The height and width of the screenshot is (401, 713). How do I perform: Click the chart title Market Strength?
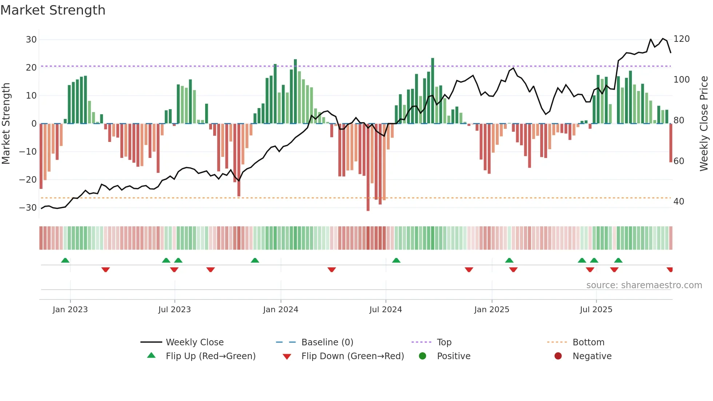point(53,10)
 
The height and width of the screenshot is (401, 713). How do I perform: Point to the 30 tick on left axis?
point(31,39)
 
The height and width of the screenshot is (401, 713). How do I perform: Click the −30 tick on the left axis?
point(28,208)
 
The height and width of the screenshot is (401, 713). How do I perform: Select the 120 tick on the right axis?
point(681,39)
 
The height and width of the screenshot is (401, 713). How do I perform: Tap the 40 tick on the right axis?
point(678,202)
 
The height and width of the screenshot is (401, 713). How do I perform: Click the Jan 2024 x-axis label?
point(280,310)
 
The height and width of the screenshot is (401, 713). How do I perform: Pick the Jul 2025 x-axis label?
point(596,310)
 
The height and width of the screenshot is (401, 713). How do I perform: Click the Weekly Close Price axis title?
point(704,124)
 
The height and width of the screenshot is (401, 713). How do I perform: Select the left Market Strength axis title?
point(6,124)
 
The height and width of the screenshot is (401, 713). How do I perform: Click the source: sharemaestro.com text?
point(644,285)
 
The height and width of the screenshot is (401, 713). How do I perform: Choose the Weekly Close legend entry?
point(195,342)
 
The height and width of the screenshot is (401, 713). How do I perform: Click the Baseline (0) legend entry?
point(327,342)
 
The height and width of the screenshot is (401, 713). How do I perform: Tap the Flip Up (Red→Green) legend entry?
point(211,356)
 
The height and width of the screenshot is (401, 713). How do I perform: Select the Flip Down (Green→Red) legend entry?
point(352,356)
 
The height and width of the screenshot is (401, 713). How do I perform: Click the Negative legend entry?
point(592,356)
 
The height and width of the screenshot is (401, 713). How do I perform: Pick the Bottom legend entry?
point(588,342)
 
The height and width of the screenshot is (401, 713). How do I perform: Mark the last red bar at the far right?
point(670,143)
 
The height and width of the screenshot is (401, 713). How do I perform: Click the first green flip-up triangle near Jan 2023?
point(65,261)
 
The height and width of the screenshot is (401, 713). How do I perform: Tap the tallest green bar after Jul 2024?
point(433,91)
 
